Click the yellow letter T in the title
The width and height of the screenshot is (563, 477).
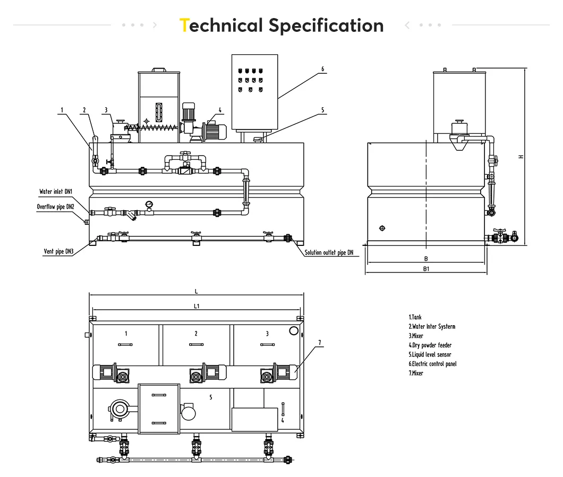184,25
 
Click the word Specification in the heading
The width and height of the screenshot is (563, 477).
325,25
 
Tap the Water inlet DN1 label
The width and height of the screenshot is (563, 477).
55,192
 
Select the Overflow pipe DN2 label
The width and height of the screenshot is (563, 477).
55,207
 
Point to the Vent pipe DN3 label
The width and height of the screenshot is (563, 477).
58,252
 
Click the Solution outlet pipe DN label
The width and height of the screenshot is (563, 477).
329,253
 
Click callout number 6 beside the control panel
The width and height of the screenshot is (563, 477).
322,69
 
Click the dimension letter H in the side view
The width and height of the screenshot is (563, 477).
521,156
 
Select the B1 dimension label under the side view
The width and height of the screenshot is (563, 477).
425,269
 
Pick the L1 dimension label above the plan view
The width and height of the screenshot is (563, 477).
196,306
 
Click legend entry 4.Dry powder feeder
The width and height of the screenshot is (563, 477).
430,345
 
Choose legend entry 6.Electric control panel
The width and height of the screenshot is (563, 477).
432,364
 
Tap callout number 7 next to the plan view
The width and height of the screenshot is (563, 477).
320,343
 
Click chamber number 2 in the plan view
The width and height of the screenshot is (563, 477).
196,334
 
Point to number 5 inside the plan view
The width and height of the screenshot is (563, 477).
210,397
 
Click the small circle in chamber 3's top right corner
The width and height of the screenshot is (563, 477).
294,331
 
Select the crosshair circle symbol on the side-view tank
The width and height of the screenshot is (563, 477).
382,228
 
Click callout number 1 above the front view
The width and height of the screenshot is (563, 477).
62,110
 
